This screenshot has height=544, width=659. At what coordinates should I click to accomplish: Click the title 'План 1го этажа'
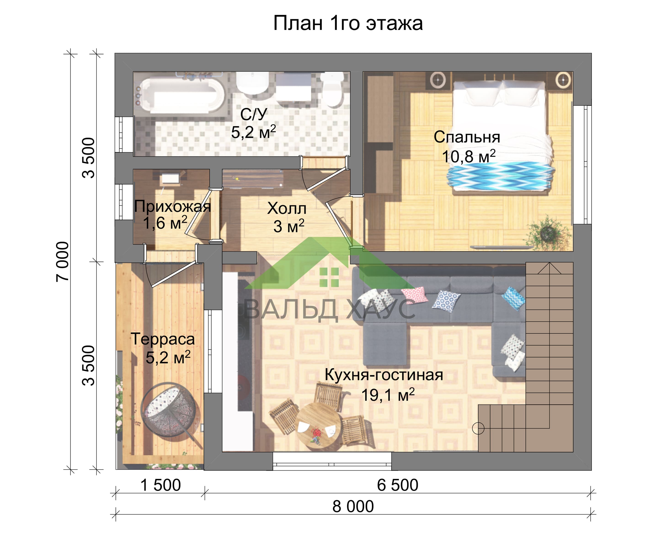coord(348,23)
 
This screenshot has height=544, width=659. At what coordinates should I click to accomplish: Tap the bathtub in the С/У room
coord(180,95)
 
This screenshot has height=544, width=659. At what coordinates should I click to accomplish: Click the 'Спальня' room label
coord(467,137)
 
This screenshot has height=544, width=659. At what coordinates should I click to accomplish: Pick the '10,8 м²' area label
coord(468,156)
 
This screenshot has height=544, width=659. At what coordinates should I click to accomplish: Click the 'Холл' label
coord(286,208)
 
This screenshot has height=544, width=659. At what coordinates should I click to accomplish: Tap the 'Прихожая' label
coord(172,206)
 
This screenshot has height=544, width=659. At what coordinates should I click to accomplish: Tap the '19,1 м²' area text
coord(388,395)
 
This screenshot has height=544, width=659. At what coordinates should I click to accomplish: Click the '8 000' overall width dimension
coord(353,506)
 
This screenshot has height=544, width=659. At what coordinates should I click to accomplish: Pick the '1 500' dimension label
coord(160,485)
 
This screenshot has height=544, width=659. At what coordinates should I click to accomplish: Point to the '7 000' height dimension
coord(62,262)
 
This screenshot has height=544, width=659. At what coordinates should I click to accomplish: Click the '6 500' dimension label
coord(397,485)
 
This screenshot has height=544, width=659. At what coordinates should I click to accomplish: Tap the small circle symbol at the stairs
coord(478,428)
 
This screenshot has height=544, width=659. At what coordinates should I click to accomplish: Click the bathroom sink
coord(252,83)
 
